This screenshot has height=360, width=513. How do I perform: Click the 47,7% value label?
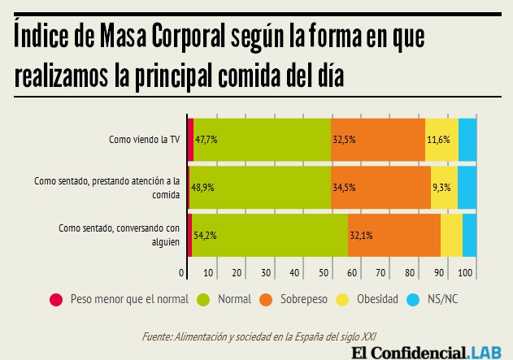click(x=206, y=139)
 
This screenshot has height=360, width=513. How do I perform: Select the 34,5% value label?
click(x=343, y=187)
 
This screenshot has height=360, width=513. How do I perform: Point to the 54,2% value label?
click(x=204, y=236)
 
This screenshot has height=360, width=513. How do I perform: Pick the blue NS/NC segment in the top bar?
click(x=467, y=139)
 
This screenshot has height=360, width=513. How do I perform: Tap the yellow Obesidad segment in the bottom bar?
click(x=451, y=236)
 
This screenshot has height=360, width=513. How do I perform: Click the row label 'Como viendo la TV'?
click(x=144, y=139)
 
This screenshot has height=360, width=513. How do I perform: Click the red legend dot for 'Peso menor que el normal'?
click(x=56, y=299)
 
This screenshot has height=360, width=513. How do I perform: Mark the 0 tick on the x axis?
click(x=181, y=271)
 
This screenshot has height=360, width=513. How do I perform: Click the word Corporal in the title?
click(x=204, y=37)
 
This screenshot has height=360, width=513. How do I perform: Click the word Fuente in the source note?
click(x=156, y=336)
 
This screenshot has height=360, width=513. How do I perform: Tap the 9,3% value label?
click(x=442, y=187)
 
